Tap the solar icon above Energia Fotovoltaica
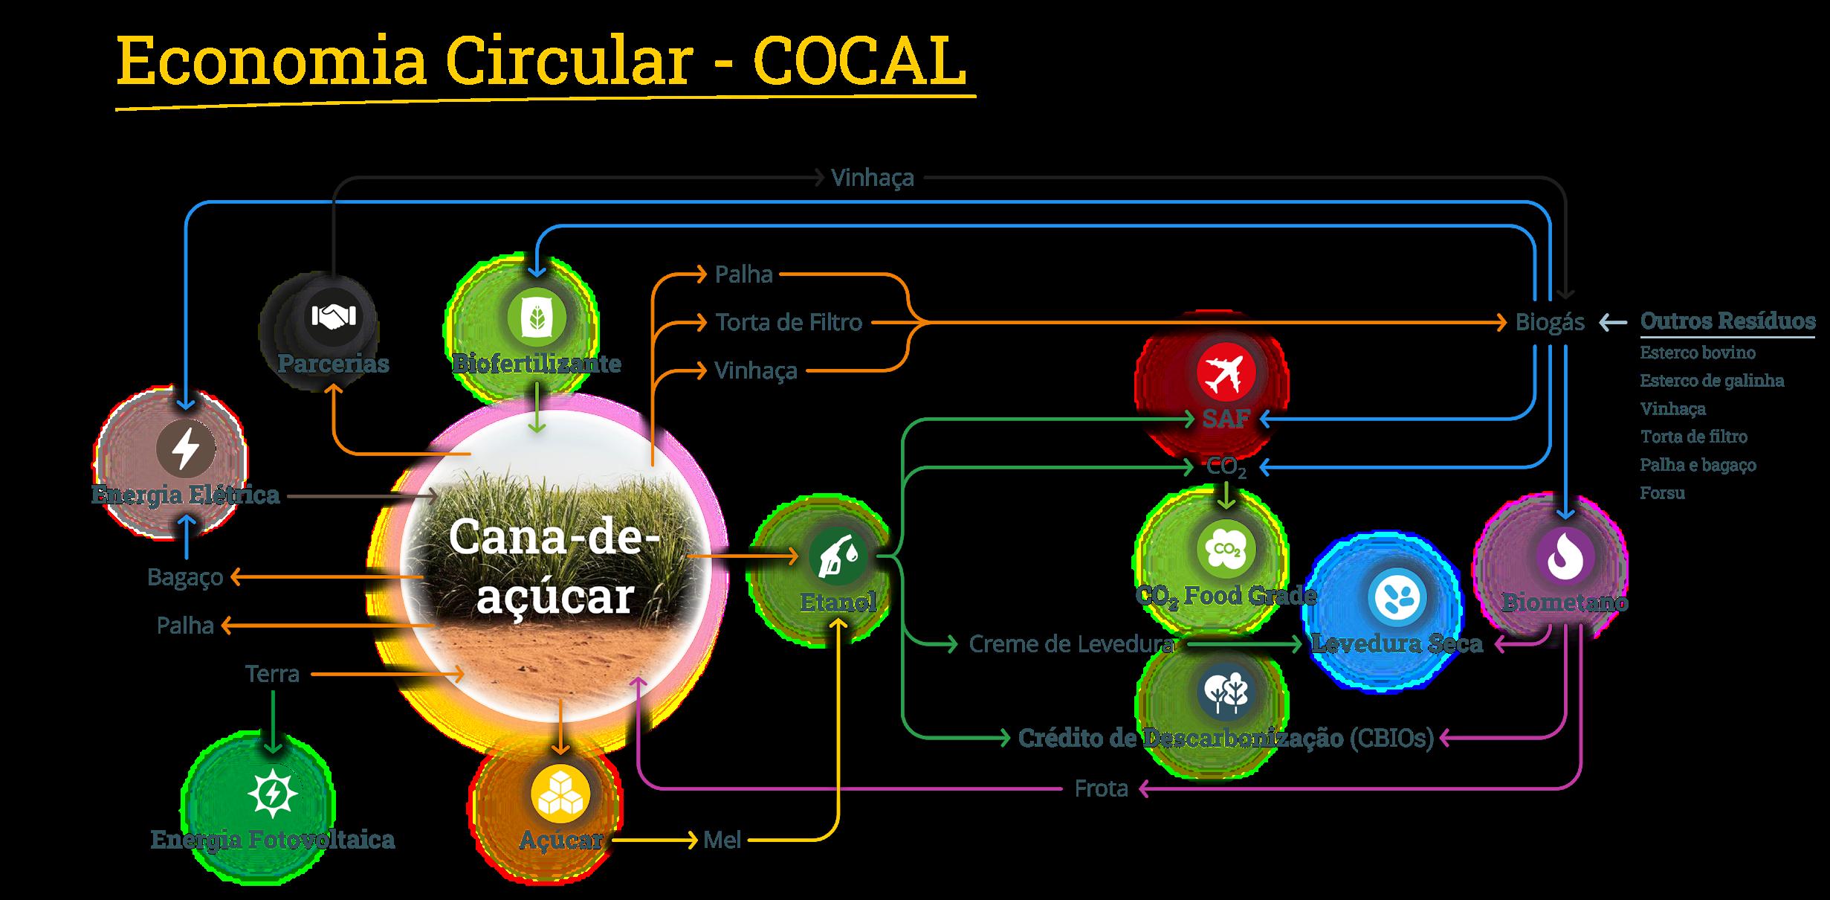[273, 794]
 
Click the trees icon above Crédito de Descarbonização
[1226, 692]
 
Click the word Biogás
[1550, 323]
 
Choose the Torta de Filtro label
[789, 323]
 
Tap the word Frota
[1101, 788]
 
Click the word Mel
[722, 840]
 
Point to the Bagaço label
[185, 577]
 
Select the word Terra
[272, 674]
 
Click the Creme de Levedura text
[1071, 644]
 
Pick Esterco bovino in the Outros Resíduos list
[1698, 353]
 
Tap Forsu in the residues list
[1662, 492]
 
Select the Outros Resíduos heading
[1727, 321]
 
